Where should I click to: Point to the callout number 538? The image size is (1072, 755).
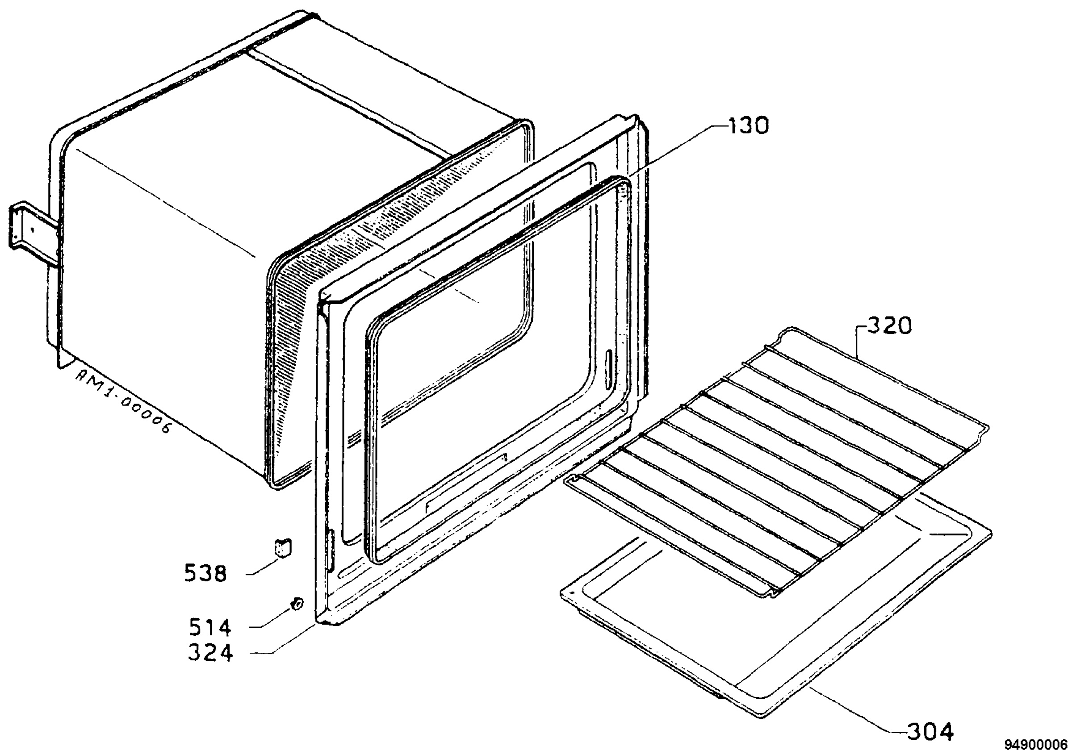pos(205,572)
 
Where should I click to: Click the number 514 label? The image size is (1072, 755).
pos(209,627)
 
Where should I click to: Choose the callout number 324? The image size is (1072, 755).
pos(210,652)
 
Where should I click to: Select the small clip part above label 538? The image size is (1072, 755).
pos(282,547)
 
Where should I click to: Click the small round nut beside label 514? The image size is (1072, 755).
pos(296,603)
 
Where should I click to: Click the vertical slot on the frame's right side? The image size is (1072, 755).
pos(609,370)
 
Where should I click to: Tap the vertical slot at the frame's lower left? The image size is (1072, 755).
pos(330,551)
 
